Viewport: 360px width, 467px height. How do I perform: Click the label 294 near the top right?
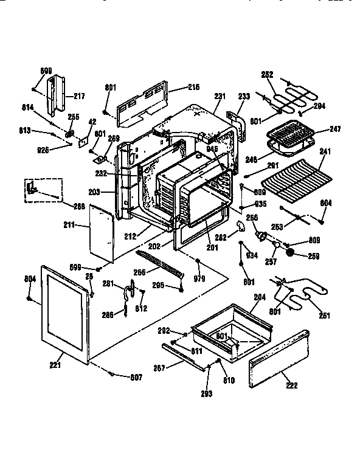[319, 106]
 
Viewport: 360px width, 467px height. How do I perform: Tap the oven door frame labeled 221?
[62, 313]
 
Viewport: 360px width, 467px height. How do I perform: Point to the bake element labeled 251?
[298, 296]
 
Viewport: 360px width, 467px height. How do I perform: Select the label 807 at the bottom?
[136, 377]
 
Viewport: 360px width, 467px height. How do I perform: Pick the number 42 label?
[92, 122]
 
